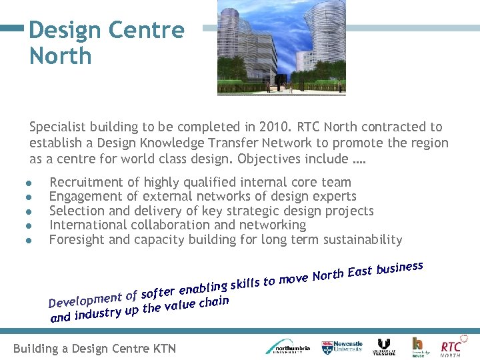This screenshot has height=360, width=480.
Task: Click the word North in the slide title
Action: click(60, 56)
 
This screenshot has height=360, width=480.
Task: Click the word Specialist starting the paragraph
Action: click(57, 127)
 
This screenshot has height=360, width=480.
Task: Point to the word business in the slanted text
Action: click(399, 268)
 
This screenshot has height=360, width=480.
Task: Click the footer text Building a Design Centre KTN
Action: click(95, 348)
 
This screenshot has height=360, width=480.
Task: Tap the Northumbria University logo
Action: click(287, 347)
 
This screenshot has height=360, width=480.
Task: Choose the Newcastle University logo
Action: click(341, 347)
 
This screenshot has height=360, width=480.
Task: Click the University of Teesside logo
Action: click(384, 347)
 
